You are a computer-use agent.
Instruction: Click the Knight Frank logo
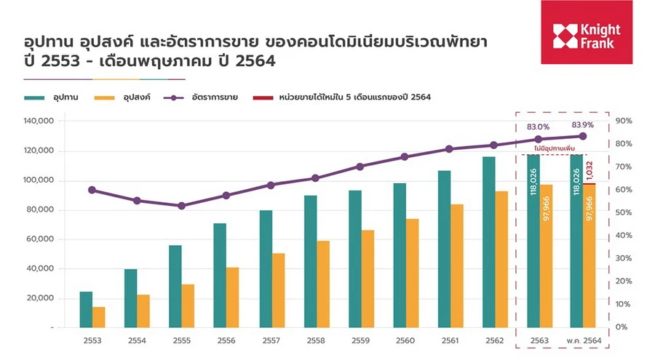(587, 36)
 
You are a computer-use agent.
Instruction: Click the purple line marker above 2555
(181, 206)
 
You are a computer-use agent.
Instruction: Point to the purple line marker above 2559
(360, 167)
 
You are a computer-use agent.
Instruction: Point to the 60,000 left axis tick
(41, 239)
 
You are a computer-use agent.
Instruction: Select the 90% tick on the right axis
(624, 121)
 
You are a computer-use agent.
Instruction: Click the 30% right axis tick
(624, 258)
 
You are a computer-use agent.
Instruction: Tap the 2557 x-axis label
(271, 340)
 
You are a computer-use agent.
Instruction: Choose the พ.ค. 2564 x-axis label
(582, 340)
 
